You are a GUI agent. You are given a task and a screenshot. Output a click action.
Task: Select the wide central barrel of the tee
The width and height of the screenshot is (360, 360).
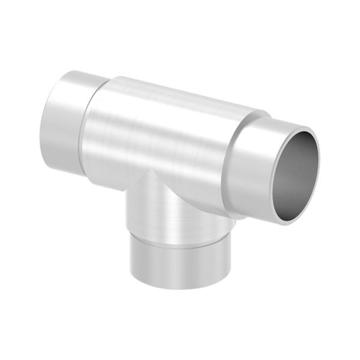(162, 138)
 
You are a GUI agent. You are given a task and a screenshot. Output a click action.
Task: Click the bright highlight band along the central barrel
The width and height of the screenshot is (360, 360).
(156, 120)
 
